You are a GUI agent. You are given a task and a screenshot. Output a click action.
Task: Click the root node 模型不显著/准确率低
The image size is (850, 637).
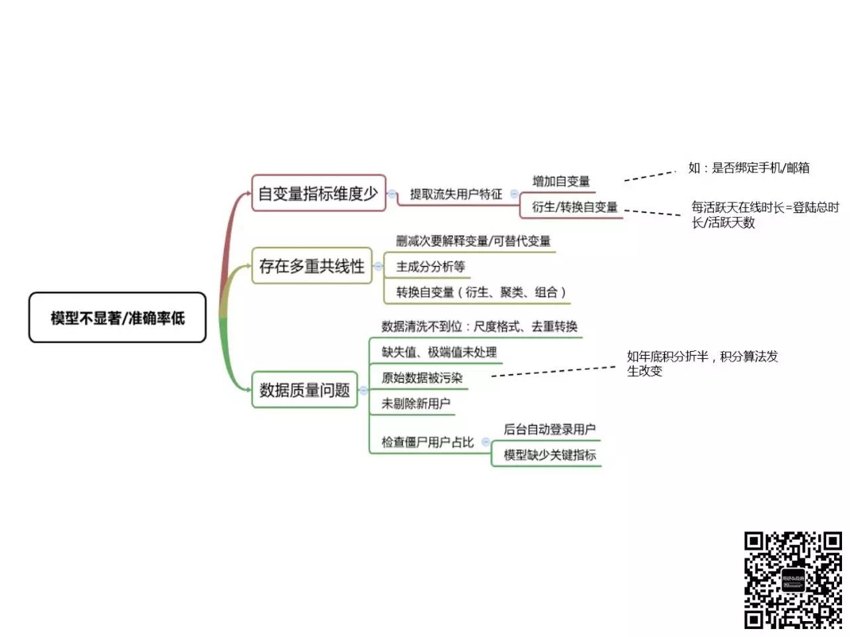118,318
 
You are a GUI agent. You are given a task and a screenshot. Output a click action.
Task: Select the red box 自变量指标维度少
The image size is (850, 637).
318,193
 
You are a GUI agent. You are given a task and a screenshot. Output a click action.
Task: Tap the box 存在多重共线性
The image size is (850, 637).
311,266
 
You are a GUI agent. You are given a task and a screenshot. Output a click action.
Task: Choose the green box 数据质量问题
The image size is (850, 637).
304,389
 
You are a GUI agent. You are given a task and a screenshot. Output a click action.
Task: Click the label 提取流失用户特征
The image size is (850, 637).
456,194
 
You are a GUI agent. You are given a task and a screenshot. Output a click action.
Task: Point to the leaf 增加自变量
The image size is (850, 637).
561,181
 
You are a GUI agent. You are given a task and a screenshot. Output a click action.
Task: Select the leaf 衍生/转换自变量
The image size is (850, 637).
574,207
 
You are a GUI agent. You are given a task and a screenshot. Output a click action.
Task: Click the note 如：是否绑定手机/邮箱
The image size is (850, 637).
748,168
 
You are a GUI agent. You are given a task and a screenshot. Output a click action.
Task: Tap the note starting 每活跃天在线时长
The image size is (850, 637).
764,215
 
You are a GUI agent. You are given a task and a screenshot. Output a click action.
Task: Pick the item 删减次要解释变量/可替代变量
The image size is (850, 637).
473,241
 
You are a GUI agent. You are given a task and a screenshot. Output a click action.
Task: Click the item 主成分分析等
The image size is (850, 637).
430,267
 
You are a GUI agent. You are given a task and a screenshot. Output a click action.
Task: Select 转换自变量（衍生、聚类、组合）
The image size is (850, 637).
481,292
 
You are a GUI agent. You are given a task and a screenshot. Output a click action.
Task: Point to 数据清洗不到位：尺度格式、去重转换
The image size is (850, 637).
479,326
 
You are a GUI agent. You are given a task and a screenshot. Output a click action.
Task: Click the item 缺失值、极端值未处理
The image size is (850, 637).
439,352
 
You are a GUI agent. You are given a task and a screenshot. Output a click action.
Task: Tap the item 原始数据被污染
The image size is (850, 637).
422,378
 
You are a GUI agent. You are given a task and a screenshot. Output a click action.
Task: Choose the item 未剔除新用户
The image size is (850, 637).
416,403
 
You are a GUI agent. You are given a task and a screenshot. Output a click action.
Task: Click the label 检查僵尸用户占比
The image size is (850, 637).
428,442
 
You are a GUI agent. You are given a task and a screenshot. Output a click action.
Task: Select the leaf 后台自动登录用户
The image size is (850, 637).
549,429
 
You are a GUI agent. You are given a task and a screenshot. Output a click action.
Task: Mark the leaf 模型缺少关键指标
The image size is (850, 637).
549,455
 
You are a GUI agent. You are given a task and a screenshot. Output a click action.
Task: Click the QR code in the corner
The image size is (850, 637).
793,580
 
